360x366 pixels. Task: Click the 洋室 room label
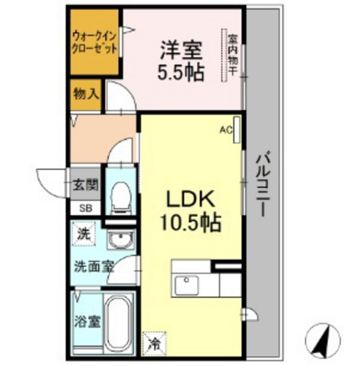click(x=179, y=49)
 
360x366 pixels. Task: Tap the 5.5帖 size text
click(x=179, y=71)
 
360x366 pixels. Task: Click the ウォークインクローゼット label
click(x=95, y=41)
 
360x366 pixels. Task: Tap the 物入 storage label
click(x=86, y=93)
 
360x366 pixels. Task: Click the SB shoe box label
click(x=86, y=208)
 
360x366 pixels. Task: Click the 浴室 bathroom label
click(x=83, y=322)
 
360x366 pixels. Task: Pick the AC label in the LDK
click(x=225, y=130)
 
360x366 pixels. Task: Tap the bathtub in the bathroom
click(x=118, y=324)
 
